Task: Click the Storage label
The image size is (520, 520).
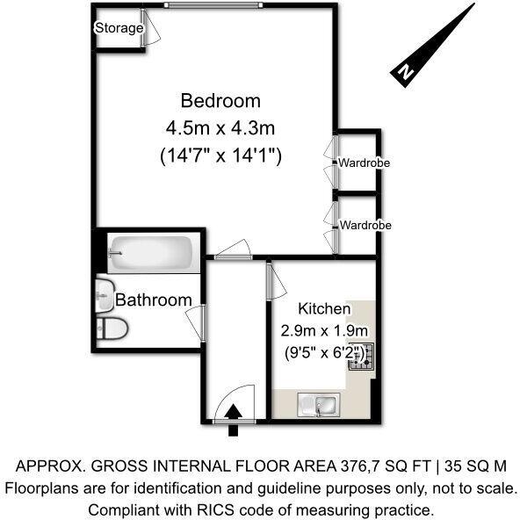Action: pyautogui.click(x=119, y=28)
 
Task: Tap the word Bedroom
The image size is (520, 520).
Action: pyautogui.click(x=220, y=99)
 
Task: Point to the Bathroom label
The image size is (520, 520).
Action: pyautogui.click(x=154, y=300)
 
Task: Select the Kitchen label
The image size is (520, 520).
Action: pyautogui.click(x=325, y=309)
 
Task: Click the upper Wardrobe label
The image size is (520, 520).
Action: pyautogui.click(x=365, y=162)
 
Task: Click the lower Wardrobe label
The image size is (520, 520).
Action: pyautogui.click(x=365, y=225)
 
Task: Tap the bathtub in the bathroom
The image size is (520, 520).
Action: pyautogui.click(x=150, y=254)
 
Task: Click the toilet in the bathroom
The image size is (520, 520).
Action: pyautogui.click(x=112, y=329)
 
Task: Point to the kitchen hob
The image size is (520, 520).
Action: pyautogui.click(x=361, y=357)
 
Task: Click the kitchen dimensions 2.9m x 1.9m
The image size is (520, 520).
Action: pyautogui.click(x=323, y=331)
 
